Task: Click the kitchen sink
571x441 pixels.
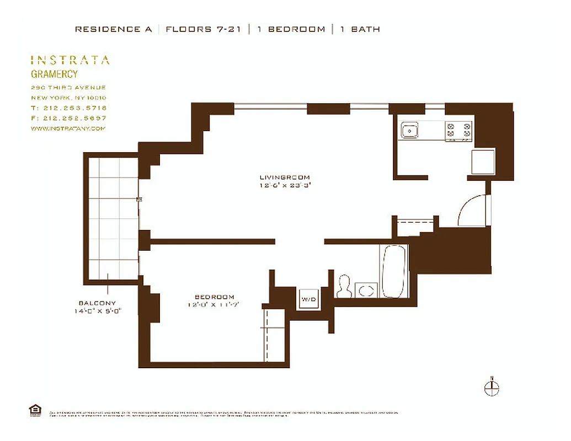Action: click(x=409, y=131)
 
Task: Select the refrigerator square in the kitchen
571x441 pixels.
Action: click(x=483, y=162)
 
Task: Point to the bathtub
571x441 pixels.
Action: click(x=394, y=271)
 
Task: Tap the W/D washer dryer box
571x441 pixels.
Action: click(x=308, y=299)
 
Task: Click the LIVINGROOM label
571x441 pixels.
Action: click(x=285, y=178)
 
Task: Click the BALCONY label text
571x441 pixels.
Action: click(x=97, y=303)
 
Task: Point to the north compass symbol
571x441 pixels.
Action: click(x=492, y=388)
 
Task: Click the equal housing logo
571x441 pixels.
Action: click(x=34, y=410)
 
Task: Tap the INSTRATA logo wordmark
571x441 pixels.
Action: click(x=70, y=60)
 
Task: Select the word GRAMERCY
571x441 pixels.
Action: click(x=54, y=74)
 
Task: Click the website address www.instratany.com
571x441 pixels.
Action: click(x=67, y=128)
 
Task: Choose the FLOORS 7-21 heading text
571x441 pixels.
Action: click(x=204, y=29)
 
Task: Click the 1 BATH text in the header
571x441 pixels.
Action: click(x=360, y=29)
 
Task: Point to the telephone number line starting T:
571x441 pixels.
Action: click(x=69, y=108)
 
